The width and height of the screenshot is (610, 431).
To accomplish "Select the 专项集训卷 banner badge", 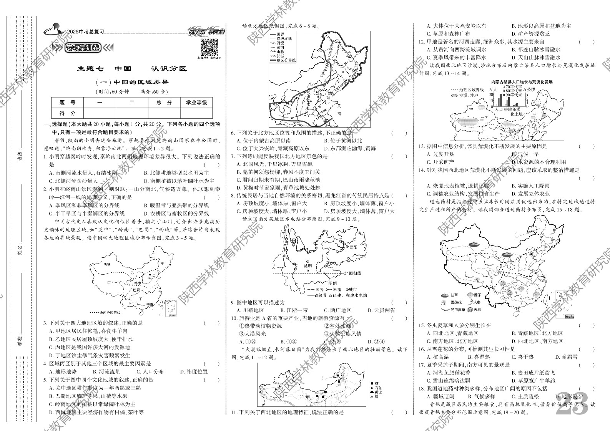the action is pos(82,48).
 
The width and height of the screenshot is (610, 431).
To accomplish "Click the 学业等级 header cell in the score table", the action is pos(196,103).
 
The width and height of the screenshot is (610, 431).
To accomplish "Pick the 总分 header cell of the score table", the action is pos(164,103).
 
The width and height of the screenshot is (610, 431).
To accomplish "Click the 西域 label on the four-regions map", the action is pos(107,264).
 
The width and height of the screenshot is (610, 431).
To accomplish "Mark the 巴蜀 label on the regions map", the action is pos(136,290).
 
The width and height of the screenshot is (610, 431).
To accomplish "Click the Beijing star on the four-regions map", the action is pos(150,274).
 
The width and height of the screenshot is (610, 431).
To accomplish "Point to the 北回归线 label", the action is pos(352,273).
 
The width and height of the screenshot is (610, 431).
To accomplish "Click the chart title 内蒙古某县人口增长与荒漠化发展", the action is pos(522,82).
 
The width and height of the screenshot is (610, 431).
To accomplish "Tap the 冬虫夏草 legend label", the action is pos(457,309).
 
